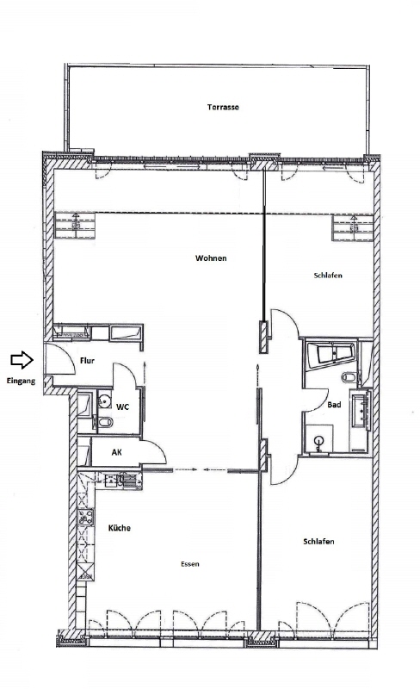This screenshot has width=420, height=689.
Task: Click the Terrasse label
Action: [223, 108]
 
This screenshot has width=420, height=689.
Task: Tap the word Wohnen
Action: [211, 258]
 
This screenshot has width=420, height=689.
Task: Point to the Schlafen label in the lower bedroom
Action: [318, 541]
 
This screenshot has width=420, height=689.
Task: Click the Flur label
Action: [87, 362]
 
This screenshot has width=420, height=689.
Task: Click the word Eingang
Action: [20, 380]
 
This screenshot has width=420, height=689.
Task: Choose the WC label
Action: [123, 407]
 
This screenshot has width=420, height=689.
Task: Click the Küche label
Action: [120, 527]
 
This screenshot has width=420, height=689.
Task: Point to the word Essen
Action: [190, 564]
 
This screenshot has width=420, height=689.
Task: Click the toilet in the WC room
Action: [104, 423]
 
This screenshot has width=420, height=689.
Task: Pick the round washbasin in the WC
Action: [102, 400]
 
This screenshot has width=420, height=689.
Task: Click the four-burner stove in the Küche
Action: [86, 518]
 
